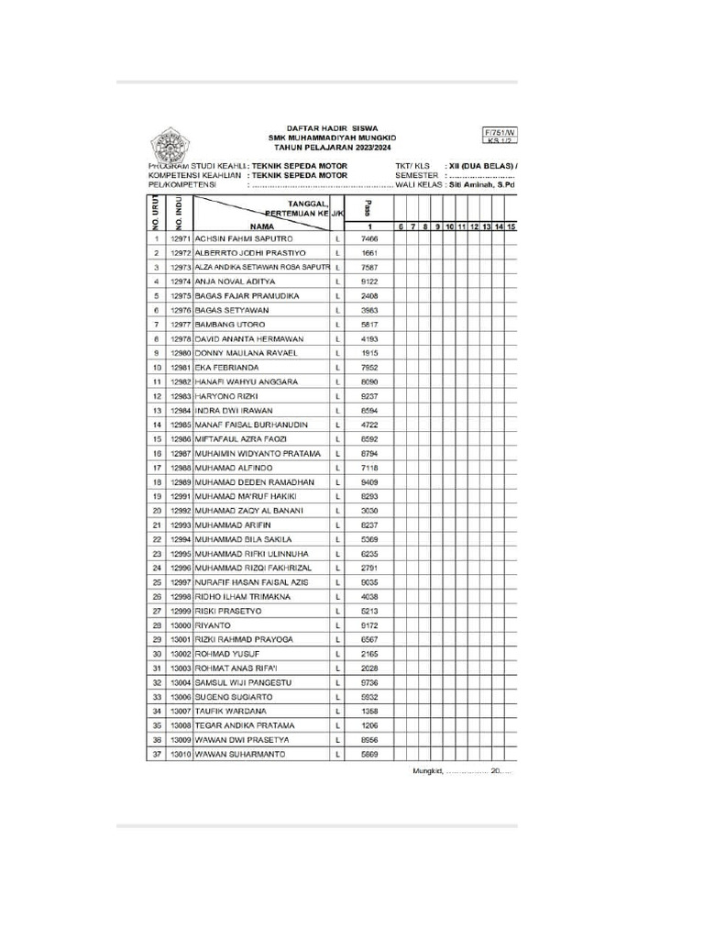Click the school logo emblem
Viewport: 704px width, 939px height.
(168, 146)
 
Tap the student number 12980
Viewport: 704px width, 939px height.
(180, 353)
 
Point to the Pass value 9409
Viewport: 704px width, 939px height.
(369, 481)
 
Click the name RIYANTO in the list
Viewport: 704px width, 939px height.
(213, 624)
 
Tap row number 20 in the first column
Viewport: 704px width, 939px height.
(157, 510)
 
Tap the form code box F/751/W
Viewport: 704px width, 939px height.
(500, 133)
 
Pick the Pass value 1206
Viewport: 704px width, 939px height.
(369, 724)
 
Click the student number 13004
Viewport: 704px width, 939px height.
(180, 682)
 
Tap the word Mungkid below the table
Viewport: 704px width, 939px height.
(425, 771)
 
